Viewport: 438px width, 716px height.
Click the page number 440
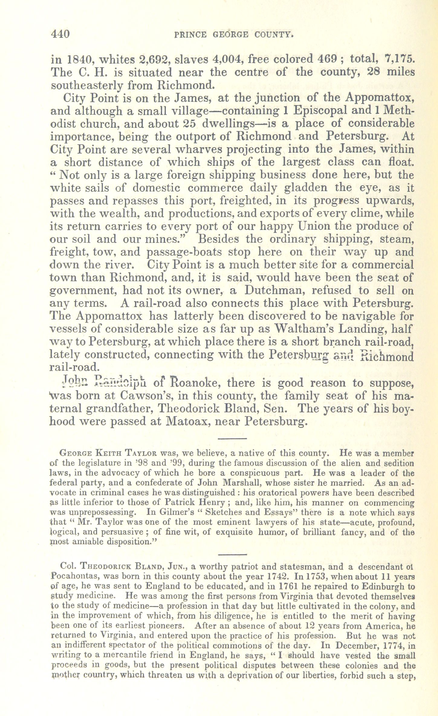click(60, 34)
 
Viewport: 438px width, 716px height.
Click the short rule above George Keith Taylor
click(232, 438)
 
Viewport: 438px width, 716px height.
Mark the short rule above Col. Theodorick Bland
click(232, 555)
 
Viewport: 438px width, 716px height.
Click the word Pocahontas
click(76, 576)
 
